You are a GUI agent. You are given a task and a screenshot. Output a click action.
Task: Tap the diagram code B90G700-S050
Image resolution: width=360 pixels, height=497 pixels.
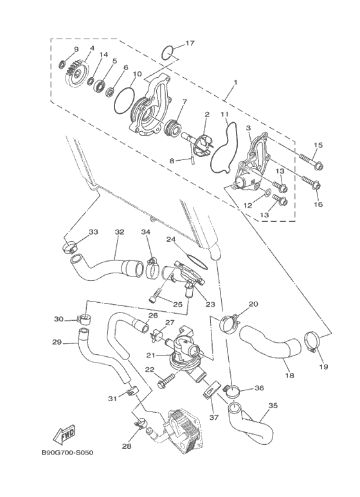(x=67, y=453)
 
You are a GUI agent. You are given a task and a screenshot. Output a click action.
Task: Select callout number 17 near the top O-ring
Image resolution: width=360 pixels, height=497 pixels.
(x=190, y=43)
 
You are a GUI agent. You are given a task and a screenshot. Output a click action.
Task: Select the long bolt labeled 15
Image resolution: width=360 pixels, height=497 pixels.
(x=312, y=161)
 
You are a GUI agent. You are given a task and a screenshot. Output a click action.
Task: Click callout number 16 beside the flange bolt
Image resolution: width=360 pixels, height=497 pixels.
(x=318, y=204)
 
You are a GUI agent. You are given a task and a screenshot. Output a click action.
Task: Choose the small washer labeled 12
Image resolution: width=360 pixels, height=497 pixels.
(x=267, y=191)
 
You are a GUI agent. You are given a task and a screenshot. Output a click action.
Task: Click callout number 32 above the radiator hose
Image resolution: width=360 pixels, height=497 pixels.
(x=119, y=232)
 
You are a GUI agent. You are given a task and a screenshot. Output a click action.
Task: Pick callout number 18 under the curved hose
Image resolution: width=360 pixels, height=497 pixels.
(x=290, y=375)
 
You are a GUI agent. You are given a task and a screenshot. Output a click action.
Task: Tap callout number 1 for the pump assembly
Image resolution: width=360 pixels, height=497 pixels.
(x=235, y=82)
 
